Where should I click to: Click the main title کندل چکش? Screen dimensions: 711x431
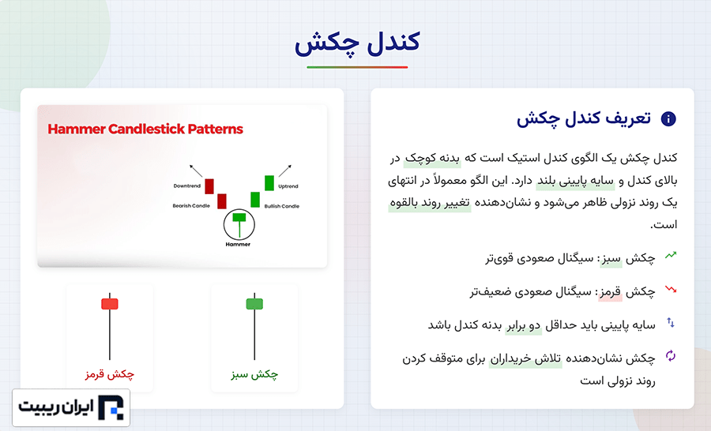pyautogui.click(x=357, y=43)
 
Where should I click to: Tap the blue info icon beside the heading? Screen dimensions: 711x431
pyautogui.click(x=668, y=118)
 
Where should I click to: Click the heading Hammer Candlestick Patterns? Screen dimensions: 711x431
pyautogui.click(x=145, y=129)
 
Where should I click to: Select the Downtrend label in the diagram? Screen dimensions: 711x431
pyautogui.click(x=186, y=186)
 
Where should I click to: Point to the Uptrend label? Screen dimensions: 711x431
pyautogui.click(x=288, y=186)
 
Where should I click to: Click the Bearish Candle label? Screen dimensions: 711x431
pyautogui.click(x=191, y=206)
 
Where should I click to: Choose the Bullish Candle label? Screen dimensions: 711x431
pyautogui.click(x=281, y=206)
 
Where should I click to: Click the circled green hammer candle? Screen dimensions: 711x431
pyautogui.click(x=239, y=224)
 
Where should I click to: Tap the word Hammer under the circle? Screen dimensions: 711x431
pyautogui.click(x=238, y=244)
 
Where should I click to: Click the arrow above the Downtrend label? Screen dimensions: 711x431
pyautogui.click(x=196, y=171)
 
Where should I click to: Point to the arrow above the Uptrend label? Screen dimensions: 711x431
pyautogui.click(x=285, y=171)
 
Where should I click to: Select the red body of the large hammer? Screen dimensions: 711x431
pyautogui.click(x=110, y=304)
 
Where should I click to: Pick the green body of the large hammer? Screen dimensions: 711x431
pyautogui.click(x=254, y=304)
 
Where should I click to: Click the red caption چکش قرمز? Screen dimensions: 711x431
pyautogui.click(x=110, y=374)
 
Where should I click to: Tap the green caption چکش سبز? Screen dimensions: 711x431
pyautogui.click(x=254, y=374)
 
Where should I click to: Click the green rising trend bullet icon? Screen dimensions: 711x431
pyautogui.click(x=671, y=255)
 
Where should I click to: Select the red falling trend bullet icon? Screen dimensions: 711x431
pyautogui.click(x=671, y=289)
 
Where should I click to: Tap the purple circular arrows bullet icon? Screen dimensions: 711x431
pyautogui.click(x=671, y=356)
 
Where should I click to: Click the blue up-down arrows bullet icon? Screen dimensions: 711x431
pyautogui.click(x=671, y=323)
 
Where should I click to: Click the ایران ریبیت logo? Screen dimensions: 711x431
pyautogui.click(x=71, y=407)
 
